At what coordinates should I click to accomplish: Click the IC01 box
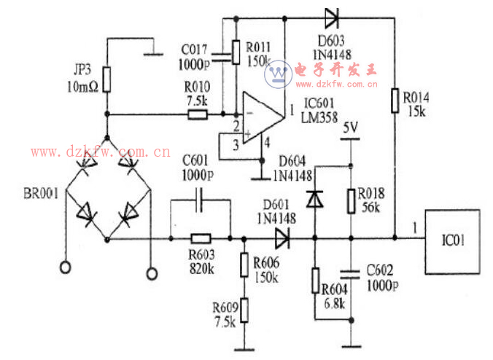(x=453, y=241)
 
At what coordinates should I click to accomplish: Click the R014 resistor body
(x=395, y=101)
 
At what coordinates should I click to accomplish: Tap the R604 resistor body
(x=315, y=280)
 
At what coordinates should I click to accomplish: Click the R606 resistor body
(x=244, y=264)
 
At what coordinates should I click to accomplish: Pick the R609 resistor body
(x=244, y=311)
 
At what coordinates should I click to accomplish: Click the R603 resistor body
(x=200, y=238)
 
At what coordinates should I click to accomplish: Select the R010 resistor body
(x=197, y=114)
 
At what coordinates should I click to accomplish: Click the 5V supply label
(x=351, y=128)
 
